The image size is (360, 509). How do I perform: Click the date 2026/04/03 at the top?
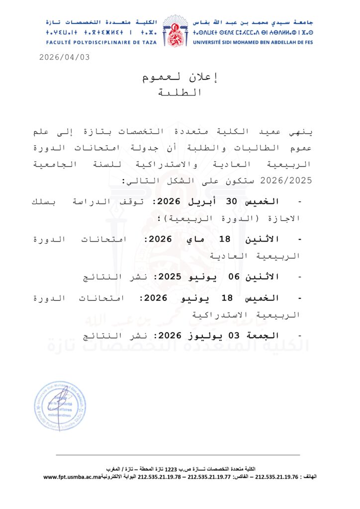tap(65, 57)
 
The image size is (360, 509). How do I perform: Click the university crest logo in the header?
tap(177, 33)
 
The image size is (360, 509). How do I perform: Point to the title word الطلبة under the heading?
tap(180, 93)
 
